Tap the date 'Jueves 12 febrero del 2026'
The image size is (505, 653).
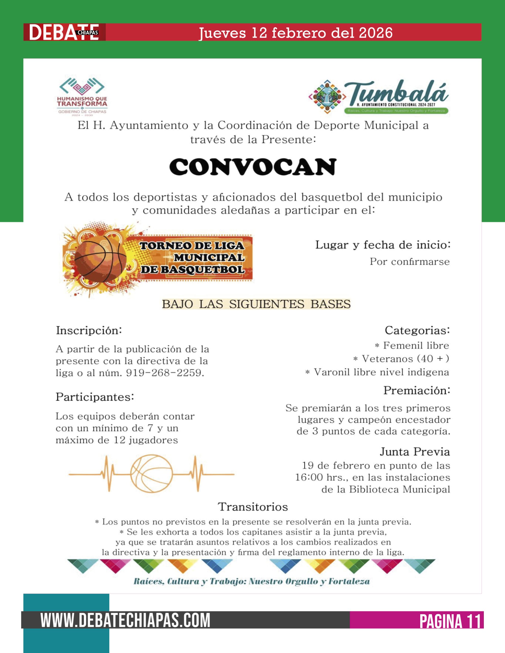[295, 33]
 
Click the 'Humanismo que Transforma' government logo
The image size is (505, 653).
[82, 96]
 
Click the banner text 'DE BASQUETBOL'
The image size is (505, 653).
[193, 269]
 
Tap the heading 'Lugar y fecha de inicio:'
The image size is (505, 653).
[382, 245]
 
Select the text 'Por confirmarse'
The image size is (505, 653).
[410, 262]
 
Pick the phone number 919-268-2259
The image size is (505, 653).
[165, 373]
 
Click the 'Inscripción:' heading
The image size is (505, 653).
[89, 330]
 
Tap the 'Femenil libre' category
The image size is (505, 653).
[416, 345]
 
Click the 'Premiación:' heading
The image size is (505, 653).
[417, 390]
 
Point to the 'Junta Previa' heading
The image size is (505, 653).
[415, 451]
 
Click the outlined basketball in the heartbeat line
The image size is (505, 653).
[151, 474]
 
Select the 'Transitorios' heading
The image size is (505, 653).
[253, 507]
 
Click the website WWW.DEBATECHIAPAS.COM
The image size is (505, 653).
[125, 620]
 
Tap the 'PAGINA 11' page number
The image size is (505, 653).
[450, 621]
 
